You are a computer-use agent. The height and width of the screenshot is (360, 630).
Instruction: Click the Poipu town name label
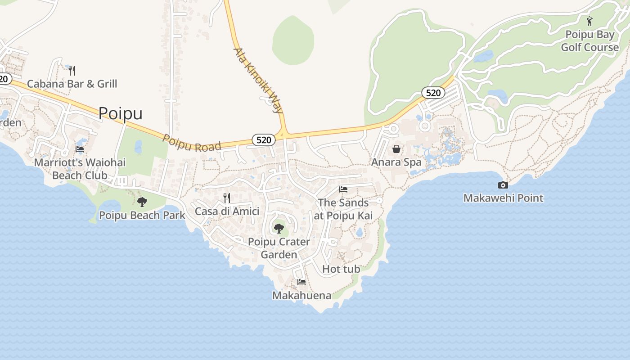click(x=120, y=113)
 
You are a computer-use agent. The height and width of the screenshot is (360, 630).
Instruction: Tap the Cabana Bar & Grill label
click(x=72, y=84)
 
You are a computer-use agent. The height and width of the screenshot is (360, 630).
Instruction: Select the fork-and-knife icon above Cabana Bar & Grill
click(x=72, y=70)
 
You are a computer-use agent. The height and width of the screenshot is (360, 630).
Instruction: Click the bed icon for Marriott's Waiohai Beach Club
click(x=80, y=149)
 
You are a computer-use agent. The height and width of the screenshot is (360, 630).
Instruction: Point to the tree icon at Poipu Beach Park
click(x=142, y=202)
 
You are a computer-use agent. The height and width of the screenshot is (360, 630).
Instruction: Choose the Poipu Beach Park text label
click(x=142, y=215)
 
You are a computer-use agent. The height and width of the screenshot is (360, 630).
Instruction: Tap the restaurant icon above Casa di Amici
click(x=227, y=198)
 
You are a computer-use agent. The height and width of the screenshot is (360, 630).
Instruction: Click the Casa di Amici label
click(x=227, y=211)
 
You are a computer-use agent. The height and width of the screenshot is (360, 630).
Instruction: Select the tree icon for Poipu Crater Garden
click(x=279, y=228)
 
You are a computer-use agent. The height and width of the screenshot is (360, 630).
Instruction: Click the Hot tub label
click(x=341, y=269)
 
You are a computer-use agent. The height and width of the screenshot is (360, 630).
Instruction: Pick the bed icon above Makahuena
click(x=301, y=282)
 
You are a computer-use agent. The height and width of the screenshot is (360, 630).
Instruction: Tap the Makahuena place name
click(x=301, y=296)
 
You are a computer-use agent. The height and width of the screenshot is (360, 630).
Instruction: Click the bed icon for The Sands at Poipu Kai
click(x=343, y=189)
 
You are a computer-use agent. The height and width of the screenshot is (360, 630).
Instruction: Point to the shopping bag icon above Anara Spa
click(x=396, y=148)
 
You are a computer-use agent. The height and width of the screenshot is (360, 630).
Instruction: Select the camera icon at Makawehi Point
click(x=503, y=185)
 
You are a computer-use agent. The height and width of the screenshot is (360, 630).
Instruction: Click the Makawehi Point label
click(x=503, y=198)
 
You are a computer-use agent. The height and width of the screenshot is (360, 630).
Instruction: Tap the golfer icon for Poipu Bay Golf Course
click(x=589, y=21)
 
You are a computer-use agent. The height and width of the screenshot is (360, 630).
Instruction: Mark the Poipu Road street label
click(x=192, y=144)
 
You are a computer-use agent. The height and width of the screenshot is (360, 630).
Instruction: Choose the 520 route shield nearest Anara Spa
click(x=433, y=93)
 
